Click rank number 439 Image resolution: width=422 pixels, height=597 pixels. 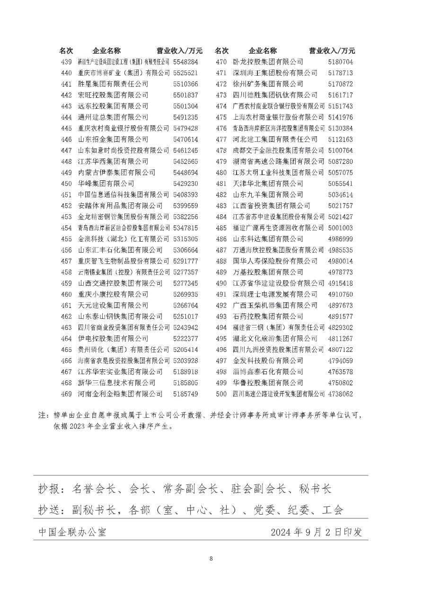click(x=66, y=62)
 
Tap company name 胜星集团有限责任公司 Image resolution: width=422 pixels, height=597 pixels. click(x=113, y=84)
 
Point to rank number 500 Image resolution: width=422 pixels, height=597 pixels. click(x=221, y=394)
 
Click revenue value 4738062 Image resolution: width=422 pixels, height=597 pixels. click(x=340, y=394)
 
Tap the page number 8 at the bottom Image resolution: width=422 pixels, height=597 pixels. click(x=211, y=559)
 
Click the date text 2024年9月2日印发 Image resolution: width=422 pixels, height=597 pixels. click(x=316, y=532)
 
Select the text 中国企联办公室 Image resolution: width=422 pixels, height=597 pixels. click(x=72, y=532)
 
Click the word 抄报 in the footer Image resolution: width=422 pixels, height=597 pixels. click(x=50, y=489)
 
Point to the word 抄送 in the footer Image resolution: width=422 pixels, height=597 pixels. click(x=50, y=510)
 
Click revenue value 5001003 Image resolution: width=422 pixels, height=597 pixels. click(x=340, y=228)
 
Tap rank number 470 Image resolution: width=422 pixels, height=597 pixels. click(x=221, y=62)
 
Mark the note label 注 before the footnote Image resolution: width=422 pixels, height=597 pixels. click(x=43, y=415)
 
